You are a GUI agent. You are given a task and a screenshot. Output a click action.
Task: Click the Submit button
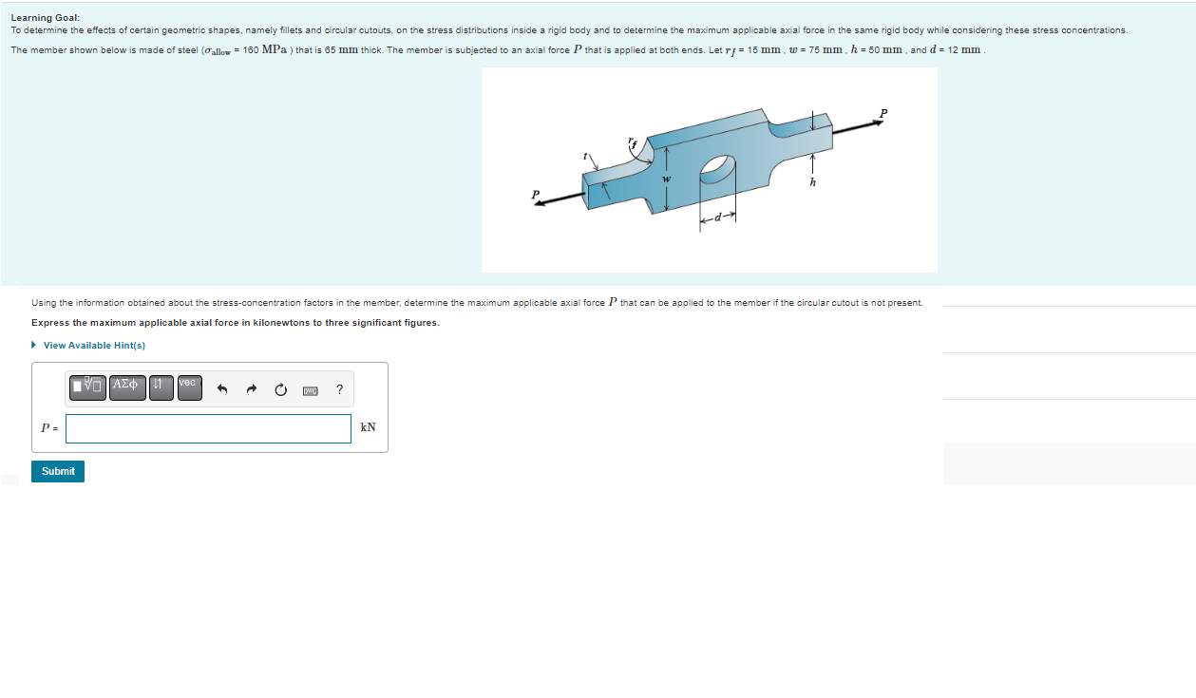point(58,471)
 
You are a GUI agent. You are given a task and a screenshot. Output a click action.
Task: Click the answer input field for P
point(208,428)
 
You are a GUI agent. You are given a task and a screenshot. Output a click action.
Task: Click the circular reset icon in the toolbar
point(280,389)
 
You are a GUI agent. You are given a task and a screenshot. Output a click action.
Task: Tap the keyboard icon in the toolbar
point(310,390)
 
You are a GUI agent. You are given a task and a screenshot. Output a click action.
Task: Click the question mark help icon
point(340,389)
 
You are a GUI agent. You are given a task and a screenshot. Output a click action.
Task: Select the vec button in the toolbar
point(189,387)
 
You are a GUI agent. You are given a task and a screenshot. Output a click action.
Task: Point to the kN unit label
point(369,427)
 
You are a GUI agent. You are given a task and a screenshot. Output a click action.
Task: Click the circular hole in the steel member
point(717,171)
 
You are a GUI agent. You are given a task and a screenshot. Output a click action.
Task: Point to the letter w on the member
point(666,179)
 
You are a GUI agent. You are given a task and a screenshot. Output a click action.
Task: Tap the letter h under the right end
point(812,183)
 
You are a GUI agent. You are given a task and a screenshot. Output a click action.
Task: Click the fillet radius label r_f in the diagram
point(633,143)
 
